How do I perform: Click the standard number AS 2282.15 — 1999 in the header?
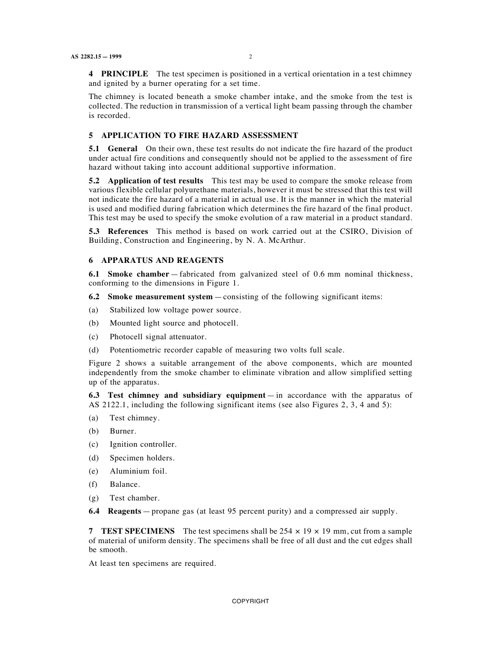click(96, 56)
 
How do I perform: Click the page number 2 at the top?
click(250, 56)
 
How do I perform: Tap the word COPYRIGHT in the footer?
click(250, 601)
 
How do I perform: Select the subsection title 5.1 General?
click(113, 149)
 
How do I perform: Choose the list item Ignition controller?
click(143, 444)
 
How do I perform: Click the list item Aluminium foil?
click(138, 471)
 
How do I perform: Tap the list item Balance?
click(124, 484)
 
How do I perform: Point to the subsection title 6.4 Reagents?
click(115, 511)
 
